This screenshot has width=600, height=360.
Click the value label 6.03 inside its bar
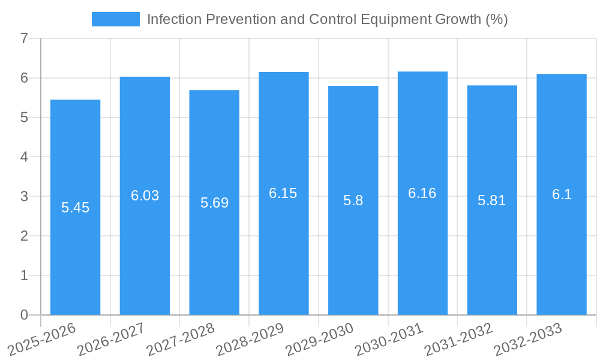(x=145, y=196)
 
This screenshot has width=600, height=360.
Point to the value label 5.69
(x=214, y=203)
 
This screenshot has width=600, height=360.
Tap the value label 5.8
(x=353, y=200)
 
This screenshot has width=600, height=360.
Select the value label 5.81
(x=491, y=200)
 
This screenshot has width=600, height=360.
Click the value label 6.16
(x=422, y=193)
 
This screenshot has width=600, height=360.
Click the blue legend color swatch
(x=115, y=19)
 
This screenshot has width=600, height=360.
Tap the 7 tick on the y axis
(x=24, y=38)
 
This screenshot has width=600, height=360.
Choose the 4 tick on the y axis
(x=24, y=157)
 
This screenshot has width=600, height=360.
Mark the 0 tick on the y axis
(x=24, y=315)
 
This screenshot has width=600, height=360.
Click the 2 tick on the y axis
(x=24, y=236)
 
